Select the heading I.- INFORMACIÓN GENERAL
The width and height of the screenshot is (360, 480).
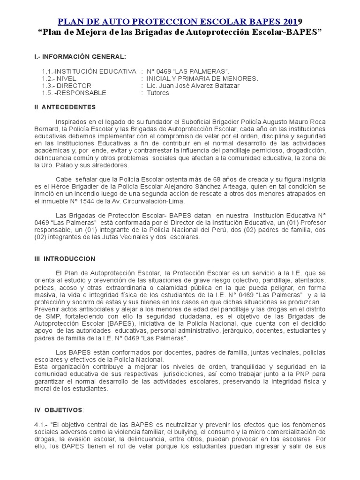[80, 57]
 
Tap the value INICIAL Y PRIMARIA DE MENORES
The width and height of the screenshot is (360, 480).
[202, 78]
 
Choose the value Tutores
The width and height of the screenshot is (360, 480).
[158, 93]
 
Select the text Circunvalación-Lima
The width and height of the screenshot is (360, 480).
[159, 201]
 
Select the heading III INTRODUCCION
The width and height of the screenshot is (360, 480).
[65, 259]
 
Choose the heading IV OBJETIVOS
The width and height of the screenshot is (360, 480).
[58, 410]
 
